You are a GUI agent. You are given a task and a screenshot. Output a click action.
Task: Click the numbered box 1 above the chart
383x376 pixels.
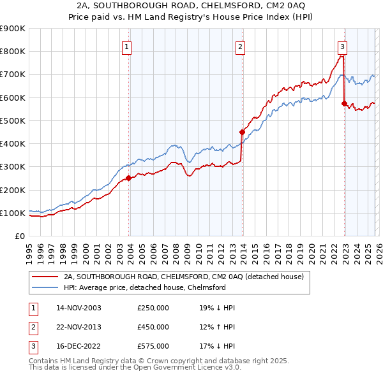[127, 47]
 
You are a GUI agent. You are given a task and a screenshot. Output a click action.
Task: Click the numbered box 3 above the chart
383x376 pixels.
[343, 47]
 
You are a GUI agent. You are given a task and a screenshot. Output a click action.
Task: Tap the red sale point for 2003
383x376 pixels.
[128, 178]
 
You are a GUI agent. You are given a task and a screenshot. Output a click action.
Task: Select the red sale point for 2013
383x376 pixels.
[242, 133]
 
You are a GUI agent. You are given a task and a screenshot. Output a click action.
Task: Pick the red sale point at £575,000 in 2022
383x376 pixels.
[345, 103]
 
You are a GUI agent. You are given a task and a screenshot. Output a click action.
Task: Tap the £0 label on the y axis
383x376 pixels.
[19, 236]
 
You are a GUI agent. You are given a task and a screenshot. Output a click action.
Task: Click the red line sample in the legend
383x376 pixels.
[46, 277]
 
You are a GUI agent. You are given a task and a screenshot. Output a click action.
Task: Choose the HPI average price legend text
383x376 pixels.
[145, 287]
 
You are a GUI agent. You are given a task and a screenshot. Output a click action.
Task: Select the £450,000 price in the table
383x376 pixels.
[153, 327]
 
